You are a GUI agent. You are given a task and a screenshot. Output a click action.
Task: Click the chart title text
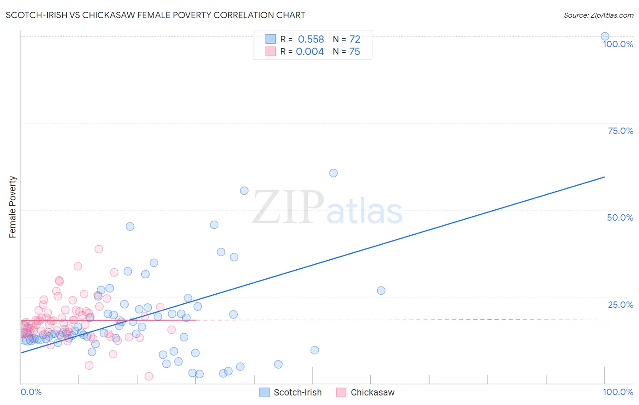point(155,15)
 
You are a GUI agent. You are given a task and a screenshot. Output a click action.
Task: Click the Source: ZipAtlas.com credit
point(598,15)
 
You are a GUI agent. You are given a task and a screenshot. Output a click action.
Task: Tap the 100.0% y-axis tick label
point(618,44)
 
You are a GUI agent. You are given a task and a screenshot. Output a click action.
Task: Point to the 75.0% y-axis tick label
point(620,131)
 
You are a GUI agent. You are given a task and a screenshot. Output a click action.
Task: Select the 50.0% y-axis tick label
point(620,217)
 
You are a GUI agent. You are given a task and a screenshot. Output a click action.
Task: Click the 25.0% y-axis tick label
point(620,305)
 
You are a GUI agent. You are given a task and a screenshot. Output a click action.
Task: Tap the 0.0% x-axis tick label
point(31,392)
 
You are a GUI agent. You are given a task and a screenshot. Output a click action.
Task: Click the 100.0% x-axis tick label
point(618,392)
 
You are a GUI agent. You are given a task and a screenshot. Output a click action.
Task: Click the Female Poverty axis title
point(12,207)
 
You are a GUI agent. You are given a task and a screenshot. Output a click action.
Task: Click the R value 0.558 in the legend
point(311,40)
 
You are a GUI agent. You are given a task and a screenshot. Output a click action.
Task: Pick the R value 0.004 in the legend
point(310,52)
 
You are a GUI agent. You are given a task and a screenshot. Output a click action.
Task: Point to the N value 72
point(354,40)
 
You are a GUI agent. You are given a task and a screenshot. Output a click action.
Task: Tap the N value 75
point(354,52)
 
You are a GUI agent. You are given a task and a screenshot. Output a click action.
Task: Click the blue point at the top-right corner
point(605,36)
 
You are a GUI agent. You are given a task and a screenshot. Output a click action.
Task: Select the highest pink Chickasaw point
point(99,249)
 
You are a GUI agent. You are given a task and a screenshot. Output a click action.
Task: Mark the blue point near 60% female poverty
point(333,173)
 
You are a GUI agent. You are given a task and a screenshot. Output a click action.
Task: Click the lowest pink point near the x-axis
point(149,376)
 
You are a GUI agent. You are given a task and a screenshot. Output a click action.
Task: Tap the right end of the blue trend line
point(604,177)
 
